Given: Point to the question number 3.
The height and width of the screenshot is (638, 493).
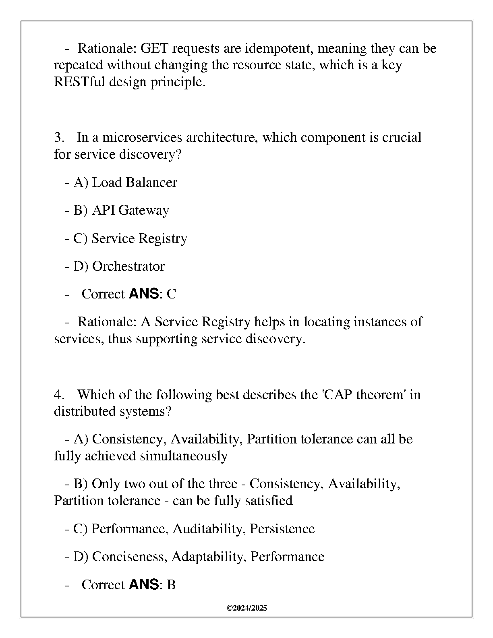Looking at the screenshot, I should (59, 138).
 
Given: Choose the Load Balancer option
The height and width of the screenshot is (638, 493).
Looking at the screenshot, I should (135, 182).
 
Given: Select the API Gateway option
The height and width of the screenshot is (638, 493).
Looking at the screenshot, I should (130, 210).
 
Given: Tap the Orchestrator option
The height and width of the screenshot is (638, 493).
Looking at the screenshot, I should (128, 266).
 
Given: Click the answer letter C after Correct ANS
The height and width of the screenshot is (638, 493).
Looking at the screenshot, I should (171, 294).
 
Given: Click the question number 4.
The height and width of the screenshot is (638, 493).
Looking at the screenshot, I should (59, 394).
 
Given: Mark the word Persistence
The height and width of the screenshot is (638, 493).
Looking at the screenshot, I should (282, 529).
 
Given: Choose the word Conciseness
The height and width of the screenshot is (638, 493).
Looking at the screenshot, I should (129, 557).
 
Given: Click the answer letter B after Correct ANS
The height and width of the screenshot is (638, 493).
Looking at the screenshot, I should (171, 585).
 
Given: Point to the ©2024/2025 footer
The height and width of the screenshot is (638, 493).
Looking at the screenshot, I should (247, 608).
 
